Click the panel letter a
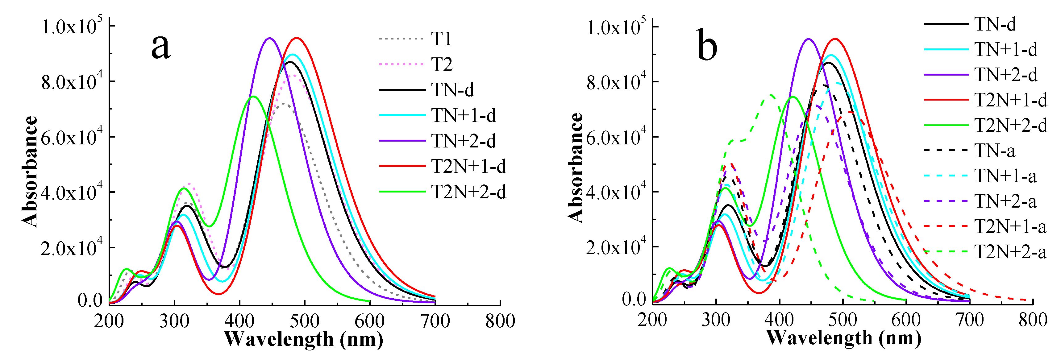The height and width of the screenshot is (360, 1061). point(161,46)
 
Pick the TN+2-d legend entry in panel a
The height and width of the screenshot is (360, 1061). point(463,141)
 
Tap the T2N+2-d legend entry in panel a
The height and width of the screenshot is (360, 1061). point(468,192)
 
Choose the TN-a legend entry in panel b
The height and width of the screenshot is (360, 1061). point(995,151)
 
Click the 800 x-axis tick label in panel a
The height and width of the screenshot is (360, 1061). point(500,321)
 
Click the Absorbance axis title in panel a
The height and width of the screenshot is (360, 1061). point(30,171)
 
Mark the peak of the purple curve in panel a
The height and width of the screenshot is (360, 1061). point(270,38)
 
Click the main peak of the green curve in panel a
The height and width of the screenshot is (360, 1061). point(253,96)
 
